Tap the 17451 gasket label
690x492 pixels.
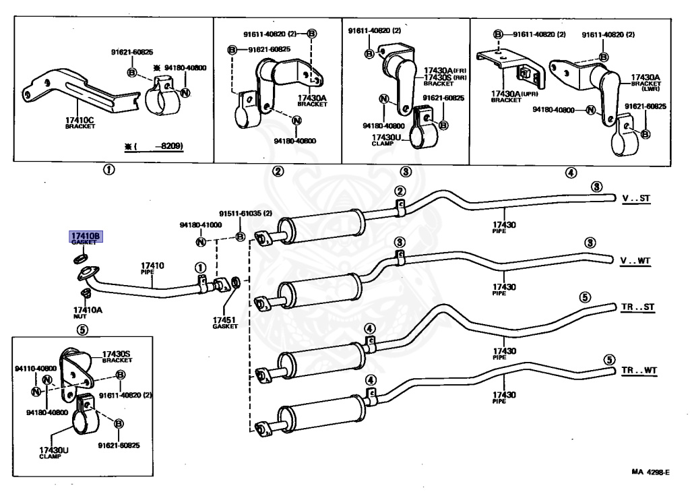point(225,321)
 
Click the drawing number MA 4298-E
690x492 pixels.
point(650,472)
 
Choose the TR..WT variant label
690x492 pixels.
point(639,371)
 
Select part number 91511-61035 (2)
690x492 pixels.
point(245,214)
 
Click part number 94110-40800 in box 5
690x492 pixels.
point(35,369)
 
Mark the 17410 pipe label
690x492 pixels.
point(152,267)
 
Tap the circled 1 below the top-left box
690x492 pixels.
point(108,170)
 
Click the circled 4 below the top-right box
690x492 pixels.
point(571,172)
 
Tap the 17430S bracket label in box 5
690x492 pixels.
point(117,355)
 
